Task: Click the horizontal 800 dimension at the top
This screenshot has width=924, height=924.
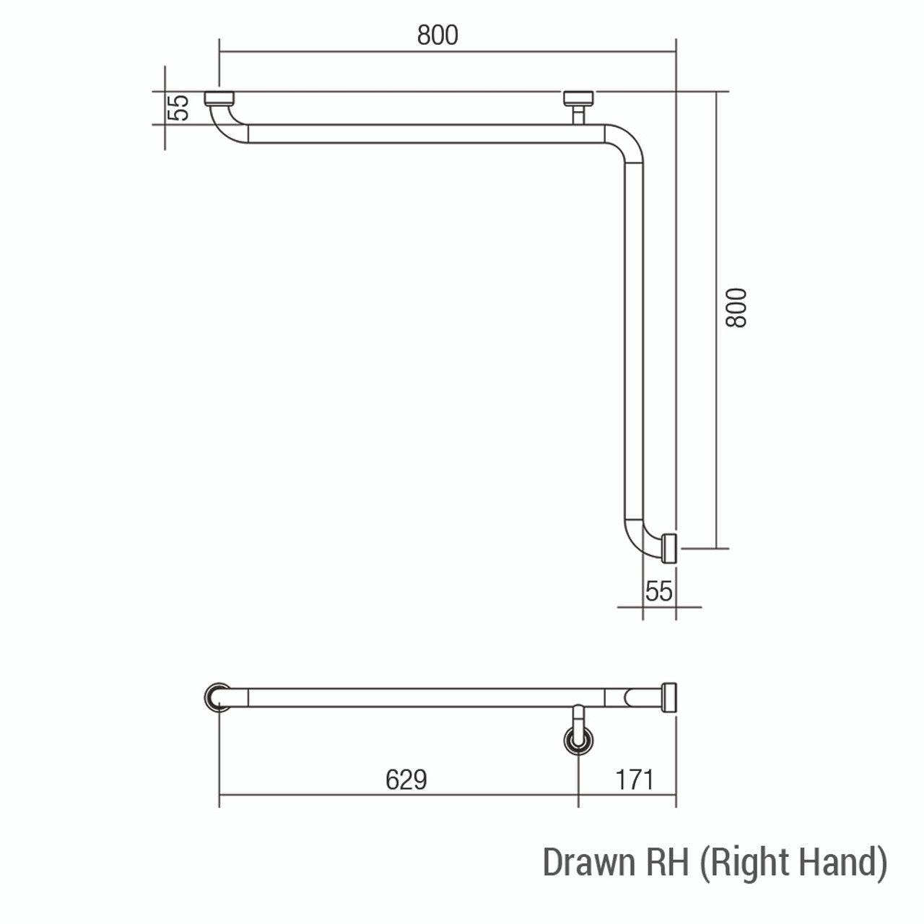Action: (x=437, y=35)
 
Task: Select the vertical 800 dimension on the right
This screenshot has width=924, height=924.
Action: (x=736, y=308)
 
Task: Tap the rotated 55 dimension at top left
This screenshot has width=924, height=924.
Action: (x=179, y=108)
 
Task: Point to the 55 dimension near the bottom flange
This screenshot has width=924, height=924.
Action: (x=658, y=591)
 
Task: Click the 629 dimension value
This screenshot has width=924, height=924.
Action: (x=406, y=780)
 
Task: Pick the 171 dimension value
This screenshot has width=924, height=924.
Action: (x=635, y=780)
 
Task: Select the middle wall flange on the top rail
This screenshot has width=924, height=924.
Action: (x=578, y=98)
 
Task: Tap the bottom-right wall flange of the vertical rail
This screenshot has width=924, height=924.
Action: (x=669, y=548)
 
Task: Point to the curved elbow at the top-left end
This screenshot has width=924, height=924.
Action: (x=226, y=124)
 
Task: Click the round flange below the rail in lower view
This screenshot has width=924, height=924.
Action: (x=578, y=741)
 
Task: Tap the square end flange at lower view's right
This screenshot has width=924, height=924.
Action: (x=669, y=697)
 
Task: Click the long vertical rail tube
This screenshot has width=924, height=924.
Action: (x=632, y=339)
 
